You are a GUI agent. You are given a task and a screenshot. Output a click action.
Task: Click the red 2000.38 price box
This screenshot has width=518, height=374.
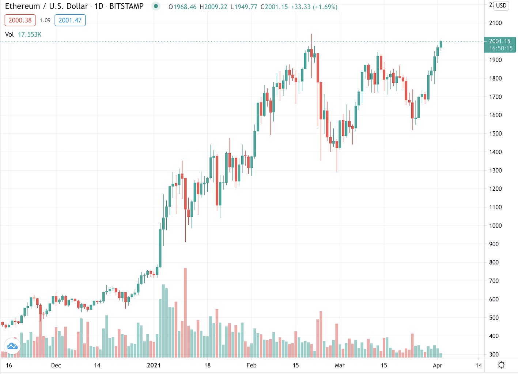[x=20, y=20]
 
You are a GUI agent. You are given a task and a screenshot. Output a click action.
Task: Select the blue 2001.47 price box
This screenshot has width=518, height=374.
[x=70, y=20]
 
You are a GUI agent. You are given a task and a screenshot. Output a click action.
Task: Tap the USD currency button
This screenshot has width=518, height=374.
[x=501, y=5]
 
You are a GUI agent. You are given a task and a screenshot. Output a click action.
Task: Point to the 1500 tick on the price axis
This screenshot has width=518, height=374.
[x=495, y=134]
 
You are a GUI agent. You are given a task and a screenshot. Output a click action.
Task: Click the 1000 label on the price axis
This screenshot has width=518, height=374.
[x=495, y=226]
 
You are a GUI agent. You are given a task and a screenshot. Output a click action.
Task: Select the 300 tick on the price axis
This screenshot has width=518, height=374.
[x=494, y=355]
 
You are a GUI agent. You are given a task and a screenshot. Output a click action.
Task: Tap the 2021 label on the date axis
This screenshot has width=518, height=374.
[x=154, y=365]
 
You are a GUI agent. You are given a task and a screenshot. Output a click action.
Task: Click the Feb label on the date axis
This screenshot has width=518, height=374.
[x=252, y=365]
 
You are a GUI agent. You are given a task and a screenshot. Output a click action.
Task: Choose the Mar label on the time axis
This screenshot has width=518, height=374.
[x=340, y=365]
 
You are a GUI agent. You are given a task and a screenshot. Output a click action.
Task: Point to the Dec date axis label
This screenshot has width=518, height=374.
[x=56, y=365]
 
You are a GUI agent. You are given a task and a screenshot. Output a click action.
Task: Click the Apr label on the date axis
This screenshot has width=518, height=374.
[x=438, y=365]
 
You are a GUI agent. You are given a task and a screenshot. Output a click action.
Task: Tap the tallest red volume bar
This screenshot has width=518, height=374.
[x=185, y=313]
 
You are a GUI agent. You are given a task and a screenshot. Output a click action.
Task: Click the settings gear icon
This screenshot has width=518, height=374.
[x=501, y=365]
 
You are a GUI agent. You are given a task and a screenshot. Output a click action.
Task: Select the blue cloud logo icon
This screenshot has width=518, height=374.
[x=12, y=346]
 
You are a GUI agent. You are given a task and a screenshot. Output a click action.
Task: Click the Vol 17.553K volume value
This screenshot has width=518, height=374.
[x=29, y=34]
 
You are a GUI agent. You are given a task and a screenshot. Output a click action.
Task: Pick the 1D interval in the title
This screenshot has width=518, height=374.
[x=99, y=7]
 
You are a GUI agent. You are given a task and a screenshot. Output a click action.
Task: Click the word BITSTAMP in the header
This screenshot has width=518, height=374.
[x=126, y=7]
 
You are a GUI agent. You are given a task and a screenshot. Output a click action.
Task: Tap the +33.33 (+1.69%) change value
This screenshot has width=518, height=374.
[x=314, y=7]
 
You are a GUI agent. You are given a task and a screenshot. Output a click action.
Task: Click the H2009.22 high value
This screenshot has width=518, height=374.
[x=213, y=7]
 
